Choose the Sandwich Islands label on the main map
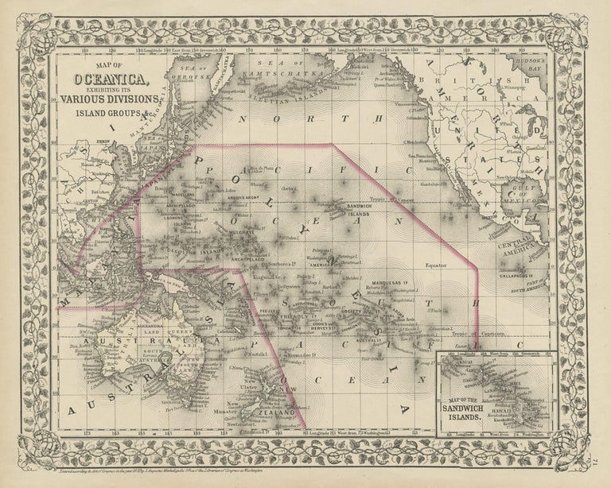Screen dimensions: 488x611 coord(365,210)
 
